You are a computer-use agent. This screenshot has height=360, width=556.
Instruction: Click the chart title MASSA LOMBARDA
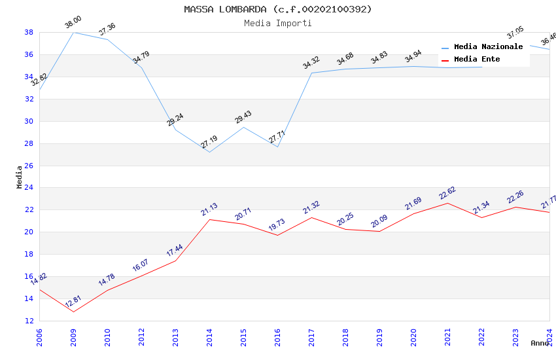tap(278, 9)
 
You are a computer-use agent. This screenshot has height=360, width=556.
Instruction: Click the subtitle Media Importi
tap(278, 23)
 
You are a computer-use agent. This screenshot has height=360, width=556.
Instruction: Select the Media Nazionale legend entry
tap(488, 47)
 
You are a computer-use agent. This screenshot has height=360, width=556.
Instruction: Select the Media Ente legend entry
tap(477, 60)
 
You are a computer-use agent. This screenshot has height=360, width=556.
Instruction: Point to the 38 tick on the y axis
tap(29, 32)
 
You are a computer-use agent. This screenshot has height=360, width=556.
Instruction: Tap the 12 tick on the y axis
tap(29, 321)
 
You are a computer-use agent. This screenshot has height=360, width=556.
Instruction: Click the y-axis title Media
tap(20, 177)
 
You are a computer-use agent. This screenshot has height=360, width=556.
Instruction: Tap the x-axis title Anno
tap(540, 343)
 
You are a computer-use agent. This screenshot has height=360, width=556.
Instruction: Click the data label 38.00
tap(73, 24)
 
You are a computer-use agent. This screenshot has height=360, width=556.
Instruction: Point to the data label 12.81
tap(73, 302)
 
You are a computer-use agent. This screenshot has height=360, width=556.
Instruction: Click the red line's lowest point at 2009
tap(73, 312)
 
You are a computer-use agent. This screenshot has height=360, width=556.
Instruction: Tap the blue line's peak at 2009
tap(73, 32)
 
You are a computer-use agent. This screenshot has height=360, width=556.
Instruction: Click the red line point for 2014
tap(209, 219)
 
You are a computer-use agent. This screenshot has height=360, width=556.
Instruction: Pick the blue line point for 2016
tap(277, 147)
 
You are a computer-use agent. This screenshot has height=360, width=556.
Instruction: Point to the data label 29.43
tap(243, 118)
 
